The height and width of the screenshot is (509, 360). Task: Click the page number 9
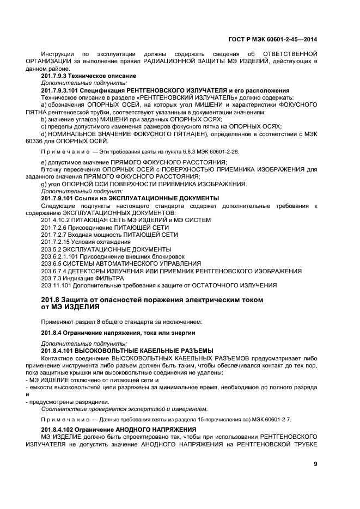click(315, 464)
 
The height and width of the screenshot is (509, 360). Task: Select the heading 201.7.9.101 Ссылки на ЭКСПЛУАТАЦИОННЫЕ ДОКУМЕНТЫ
click(130, 198)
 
